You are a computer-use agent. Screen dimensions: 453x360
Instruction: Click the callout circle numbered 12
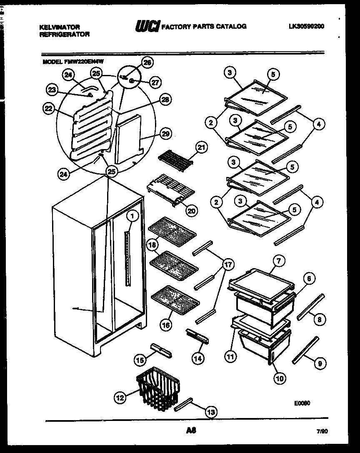click(x=120, y=398)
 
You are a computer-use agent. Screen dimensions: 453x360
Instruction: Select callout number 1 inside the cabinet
click(x=132, y=216)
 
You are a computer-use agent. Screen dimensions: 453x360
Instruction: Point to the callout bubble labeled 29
click(x=165, y=134)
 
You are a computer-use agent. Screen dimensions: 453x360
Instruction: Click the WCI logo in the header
click(x=147, y=26)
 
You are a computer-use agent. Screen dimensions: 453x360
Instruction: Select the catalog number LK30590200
click(x=306, y=26)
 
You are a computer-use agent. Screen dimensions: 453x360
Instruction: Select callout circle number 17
click(x=228, y=264)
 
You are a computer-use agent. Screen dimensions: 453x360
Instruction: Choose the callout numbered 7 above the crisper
click(x=278, y=261)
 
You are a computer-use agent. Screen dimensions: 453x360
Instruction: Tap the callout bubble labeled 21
click(x=202, y=147)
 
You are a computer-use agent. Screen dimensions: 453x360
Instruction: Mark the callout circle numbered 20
click(x=191, y=211)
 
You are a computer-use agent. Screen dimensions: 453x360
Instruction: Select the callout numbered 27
click(x=155, y=82)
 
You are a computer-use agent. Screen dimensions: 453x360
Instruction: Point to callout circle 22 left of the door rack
click(x=49, y=108)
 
